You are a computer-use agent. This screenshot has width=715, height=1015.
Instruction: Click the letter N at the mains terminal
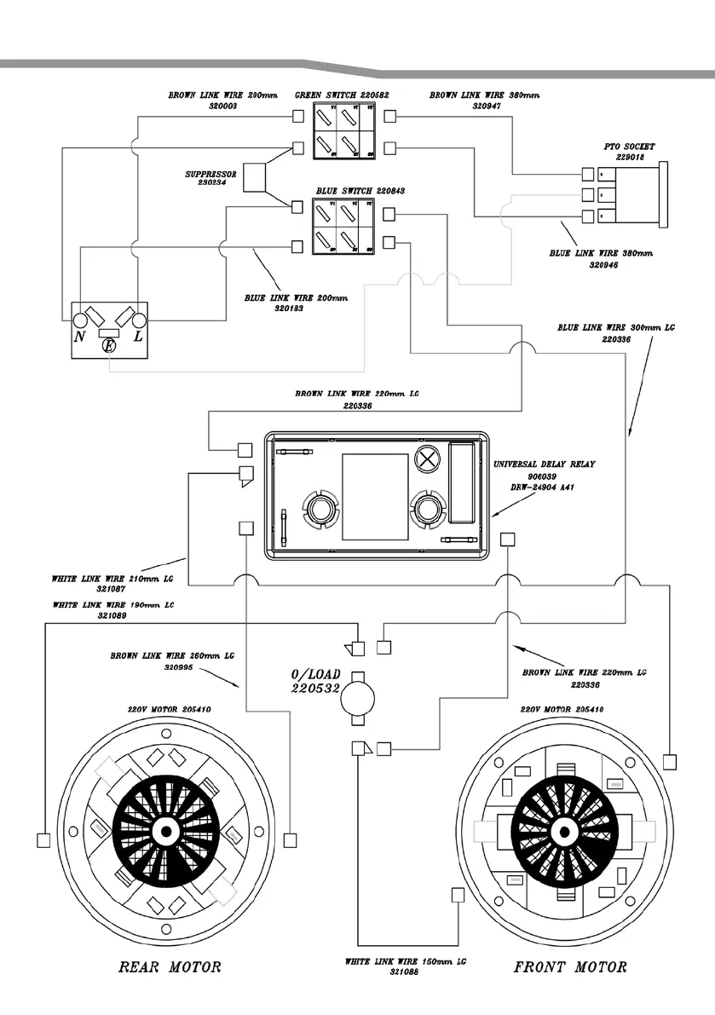coord(80,337)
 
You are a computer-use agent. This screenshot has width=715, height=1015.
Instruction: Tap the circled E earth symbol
coord(108,346)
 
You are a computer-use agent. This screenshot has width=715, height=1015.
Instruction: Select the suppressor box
coord(256,177)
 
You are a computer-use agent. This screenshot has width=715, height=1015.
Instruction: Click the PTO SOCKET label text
coord(629,147)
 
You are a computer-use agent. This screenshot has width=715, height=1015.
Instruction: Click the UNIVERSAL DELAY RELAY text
coord(545,464)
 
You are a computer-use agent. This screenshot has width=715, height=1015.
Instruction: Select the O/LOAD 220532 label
coord(315,681)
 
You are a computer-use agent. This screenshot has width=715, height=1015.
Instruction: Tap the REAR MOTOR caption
coord(170,967)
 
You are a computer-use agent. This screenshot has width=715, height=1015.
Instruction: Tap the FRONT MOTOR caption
coord(570,967)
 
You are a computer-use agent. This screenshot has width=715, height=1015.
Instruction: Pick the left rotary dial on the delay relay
coord(320,509)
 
